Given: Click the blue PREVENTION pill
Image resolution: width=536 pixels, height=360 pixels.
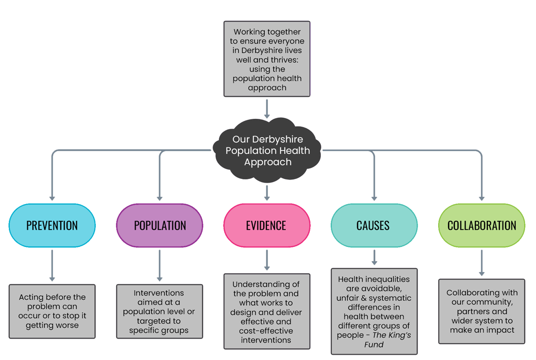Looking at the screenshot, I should pos(52,226).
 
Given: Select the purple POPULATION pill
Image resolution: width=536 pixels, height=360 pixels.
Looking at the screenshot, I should pos(160,226).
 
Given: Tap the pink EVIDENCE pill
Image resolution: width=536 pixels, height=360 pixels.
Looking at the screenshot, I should pos(266,226).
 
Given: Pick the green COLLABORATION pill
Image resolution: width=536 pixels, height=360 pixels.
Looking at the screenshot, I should pos(482,226).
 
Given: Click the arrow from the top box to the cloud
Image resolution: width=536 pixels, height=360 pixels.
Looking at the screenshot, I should pos(267,108).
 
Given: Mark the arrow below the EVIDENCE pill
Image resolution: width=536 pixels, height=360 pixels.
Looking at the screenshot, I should pos(267,260).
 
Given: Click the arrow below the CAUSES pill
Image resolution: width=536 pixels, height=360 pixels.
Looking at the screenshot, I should pos(374,257).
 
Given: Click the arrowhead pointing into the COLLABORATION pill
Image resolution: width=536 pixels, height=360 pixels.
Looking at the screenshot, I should pos(482,198).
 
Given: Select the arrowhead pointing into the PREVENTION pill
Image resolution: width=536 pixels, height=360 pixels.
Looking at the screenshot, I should pos(52,198).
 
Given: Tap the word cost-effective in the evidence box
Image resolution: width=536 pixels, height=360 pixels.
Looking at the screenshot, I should pos(266,331).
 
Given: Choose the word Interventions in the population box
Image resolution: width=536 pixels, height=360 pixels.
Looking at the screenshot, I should pos(159,293).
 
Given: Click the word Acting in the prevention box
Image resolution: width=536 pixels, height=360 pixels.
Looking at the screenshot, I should pos(31,297).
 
